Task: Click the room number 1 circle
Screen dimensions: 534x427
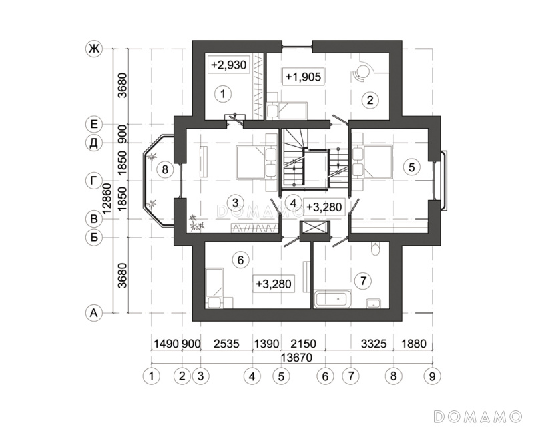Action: point(223,93)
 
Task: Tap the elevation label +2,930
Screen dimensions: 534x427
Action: point(228,65)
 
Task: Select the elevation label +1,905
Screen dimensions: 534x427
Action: point(303,77)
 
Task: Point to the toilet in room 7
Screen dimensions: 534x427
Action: point(374,249)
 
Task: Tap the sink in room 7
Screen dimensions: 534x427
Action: point(374,303)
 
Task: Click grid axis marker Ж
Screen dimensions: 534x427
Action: point(93,49)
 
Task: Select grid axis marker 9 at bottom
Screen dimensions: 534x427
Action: point(432,376)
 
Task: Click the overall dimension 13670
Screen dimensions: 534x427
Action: point(296,358)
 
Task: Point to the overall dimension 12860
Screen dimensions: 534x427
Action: point(108,198)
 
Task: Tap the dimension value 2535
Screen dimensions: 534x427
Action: point(226,344)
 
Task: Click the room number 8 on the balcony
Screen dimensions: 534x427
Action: point(165,169)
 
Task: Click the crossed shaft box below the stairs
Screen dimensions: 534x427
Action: point(314,227)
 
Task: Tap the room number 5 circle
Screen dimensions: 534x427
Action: point(411,167)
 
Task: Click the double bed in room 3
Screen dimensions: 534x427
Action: point(256,162)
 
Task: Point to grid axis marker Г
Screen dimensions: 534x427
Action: point(93,181)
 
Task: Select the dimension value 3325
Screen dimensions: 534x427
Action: point(374,344)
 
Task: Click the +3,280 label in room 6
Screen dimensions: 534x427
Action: point(274,284)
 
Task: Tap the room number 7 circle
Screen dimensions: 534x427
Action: point(362,281)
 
